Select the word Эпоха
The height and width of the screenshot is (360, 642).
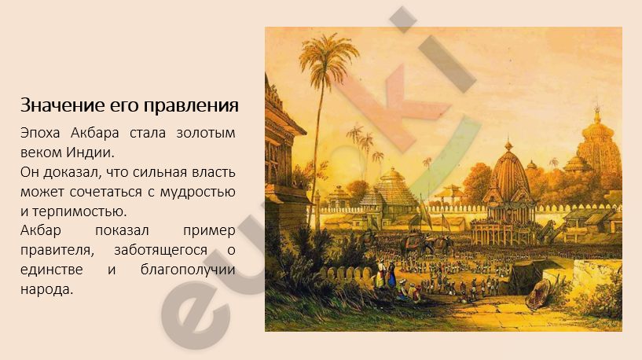pyautogui.click(x=40, y=133)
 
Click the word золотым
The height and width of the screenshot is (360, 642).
pyautogui.click(x=206, y=133)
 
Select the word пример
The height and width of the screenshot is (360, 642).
pyautogui.click(x=209, y=231)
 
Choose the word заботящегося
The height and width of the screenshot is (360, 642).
pyautogui.click(x=160, y=250)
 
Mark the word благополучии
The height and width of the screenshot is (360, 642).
pyautogui.click(x=188, y=270)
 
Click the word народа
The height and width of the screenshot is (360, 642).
pyautogui.click(x=46, y=289)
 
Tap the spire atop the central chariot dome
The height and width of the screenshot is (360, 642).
pyautogui.click(x=508, y=142)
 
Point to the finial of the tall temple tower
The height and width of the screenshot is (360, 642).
pyautogui.click(x=597, y=110)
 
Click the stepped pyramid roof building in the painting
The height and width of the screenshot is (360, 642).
pyautogui.click(x=391, y=189)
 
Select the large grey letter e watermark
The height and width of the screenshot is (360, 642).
pyautogui.click(x=196, y=312)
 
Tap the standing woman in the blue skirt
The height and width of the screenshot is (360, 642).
pyautogui.click(x=391, y=274)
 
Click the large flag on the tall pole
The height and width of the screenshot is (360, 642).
pyautogui.click(x=425, y=213)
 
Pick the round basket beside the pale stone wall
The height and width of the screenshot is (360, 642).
pyautogui.click(x=538, y=294)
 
